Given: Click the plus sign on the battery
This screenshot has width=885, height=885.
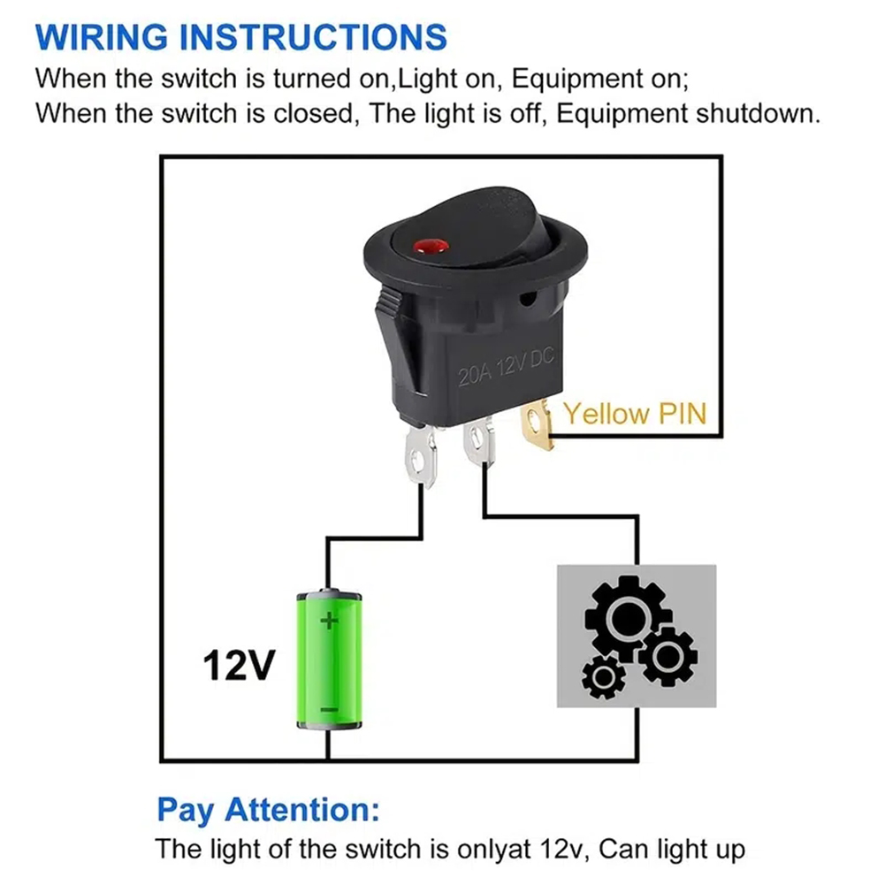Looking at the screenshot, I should click(329, 621).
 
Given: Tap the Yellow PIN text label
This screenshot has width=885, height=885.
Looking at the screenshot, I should click(635, 413).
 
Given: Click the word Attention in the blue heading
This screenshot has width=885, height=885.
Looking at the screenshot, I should click(301, 809).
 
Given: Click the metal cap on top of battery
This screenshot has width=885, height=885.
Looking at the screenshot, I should click(328, 591).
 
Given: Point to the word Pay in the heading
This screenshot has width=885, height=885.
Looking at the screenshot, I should click(187, 809).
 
